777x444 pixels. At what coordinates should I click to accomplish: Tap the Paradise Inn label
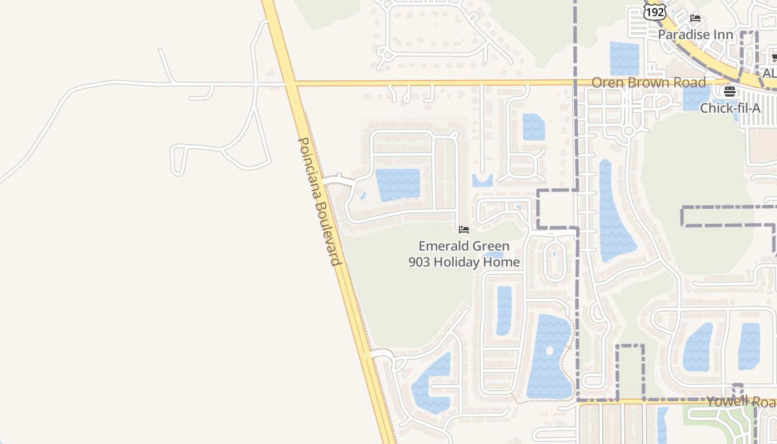click(x=695, y=34)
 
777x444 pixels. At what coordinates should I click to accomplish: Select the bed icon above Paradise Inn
click(x=695, y=18)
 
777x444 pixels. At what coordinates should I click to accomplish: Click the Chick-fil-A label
click(x=730, y=108)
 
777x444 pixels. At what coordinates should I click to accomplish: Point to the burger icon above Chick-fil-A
click(x=730, y=92)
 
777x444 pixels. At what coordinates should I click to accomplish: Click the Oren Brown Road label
click(x=648, y=83)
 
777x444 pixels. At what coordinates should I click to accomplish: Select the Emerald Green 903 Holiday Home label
click(x=464, y=254)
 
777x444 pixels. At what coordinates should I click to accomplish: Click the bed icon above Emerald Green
click(x=464, y=229)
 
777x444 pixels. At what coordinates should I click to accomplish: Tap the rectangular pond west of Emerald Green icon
click(x=398, y=185)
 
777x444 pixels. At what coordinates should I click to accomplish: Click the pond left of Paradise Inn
click(x=624, y=58)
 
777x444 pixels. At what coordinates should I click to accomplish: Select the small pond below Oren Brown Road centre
click(x=533, y=127)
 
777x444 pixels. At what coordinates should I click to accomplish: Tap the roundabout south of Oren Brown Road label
click(x=628, y=131)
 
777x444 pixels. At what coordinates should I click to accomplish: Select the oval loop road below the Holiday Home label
click(x=554, y=261)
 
